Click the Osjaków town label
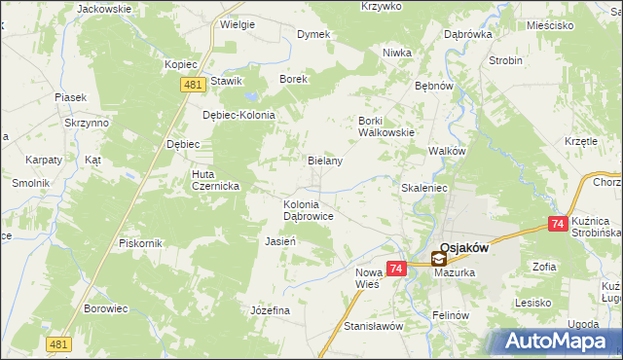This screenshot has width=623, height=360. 463,247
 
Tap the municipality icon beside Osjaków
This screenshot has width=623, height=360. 439,259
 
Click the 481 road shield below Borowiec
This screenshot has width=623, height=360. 58,343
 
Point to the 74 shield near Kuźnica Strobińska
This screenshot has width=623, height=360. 558,224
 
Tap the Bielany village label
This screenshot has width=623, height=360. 325,161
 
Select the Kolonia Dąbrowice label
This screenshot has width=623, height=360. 309,210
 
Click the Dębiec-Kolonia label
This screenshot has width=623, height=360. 238,114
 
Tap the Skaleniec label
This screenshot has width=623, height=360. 423,186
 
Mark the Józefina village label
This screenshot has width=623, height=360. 271,309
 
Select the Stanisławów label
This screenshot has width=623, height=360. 374,326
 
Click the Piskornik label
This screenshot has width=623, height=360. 138,242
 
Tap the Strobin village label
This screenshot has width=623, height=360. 505,59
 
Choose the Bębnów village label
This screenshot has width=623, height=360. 435,86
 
